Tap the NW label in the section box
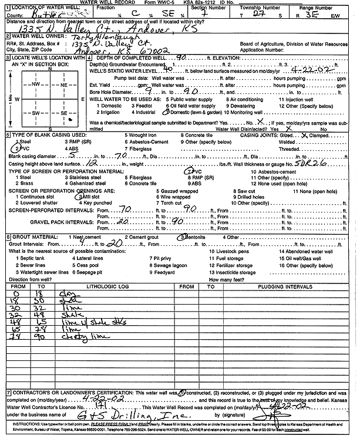[35, 84]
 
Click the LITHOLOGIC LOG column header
[107, 286]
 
